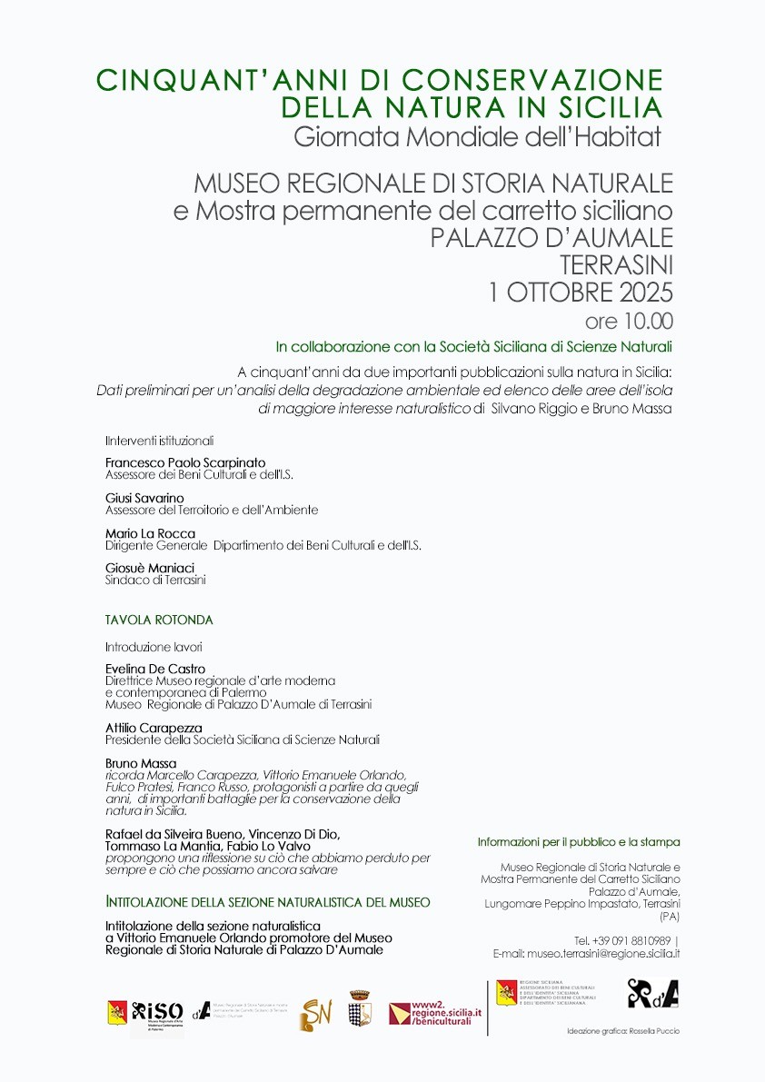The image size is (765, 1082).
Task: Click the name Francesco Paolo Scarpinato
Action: (185, 462)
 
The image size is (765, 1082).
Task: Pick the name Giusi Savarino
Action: (144, 498)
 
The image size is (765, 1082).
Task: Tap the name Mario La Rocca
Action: (150, 533)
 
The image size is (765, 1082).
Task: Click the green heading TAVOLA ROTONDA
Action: (159, 620)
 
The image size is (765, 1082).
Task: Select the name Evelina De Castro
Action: (155, 669)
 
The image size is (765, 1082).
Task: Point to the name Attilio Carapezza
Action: (154, 728)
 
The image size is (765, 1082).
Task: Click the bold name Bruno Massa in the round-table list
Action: (141, 763)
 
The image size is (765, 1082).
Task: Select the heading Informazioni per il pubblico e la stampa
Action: (579, 842)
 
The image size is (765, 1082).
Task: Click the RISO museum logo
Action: (157, 1012)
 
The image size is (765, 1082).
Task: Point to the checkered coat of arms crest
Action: (361, 1009)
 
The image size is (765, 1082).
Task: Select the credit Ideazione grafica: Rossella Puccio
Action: (622, 1031)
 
